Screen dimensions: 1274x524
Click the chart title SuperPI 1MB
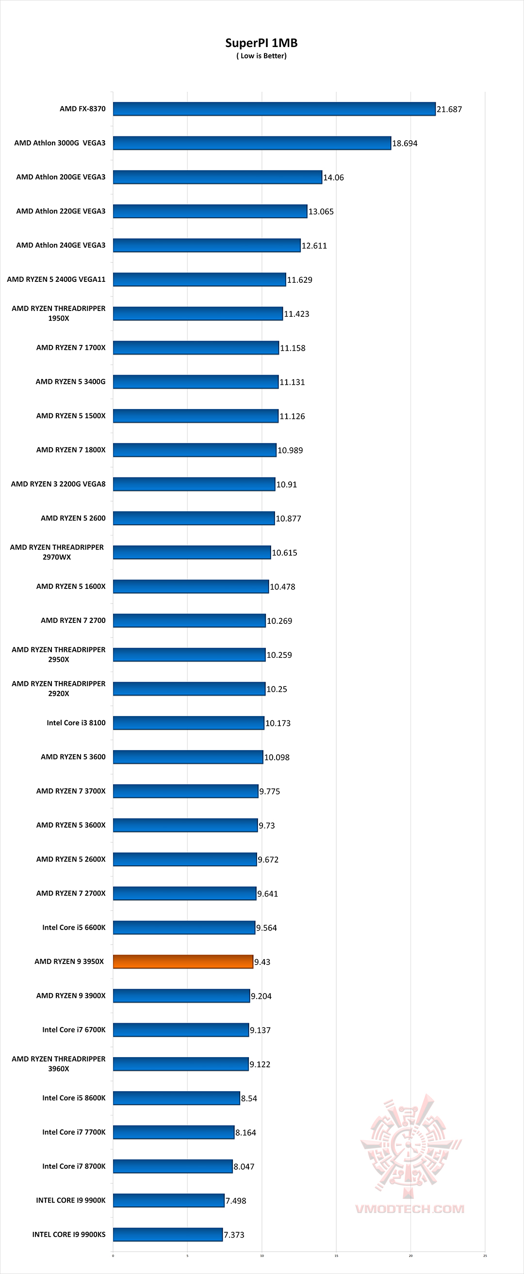point(261,43)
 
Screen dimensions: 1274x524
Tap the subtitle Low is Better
point(261,56)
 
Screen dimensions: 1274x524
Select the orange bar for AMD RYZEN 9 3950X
point(183,962)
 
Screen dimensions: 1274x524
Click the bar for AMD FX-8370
point(274,109)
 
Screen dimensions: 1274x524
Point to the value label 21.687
point(449,109)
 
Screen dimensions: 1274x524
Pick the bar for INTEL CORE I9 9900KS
point(168,1234)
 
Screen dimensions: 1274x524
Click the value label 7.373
point(234,1235)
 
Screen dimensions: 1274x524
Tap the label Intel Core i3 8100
point(76,722)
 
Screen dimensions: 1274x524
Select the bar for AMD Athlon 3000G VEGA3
point(252,143)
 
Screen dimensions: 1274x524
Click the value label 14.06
point(333,178)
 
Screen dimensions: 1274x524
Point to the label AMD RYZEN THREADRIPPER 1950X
point(58,313)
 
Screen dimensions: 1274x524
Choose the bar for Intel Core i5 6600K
point(184,927)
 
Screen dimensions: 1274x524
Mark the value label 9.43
point(262,962)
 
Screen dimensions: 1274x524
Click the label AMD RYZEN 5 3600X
point(71,825)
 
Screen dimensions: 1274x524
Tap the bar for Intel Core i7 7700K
point(174,1132)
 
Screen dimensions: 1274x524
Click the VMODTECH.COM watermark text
point(409,1209)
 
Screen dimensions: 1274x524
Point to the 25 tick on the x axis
point(485,1256)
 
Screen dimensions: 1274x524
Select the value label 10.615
point(284,553)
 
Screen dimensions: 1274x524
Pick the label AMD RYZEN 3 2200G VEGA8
point(58,484)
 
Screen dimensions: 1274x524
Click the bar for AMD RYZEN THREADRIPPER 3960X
point(180,1064)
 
